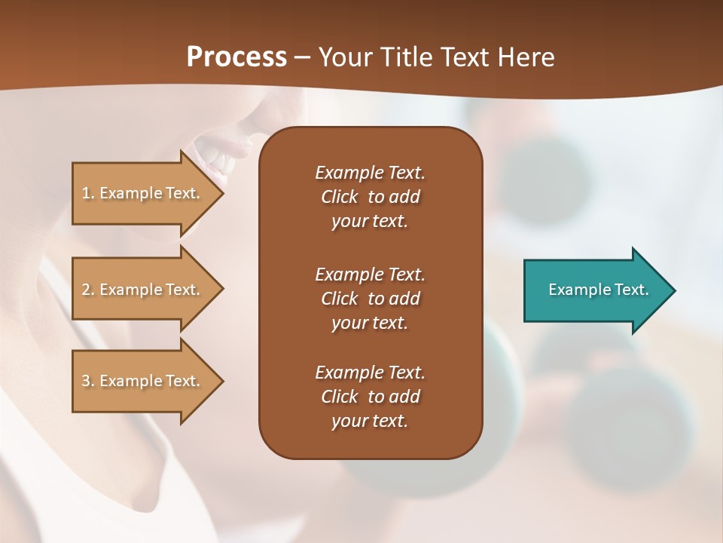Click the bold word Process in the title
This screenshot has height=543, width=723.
click(x=236, y=57)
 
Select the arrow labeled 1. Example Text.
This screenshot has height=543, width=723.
click(x=143, y=193)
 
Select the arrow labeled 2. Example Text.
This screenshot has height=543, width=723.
click(x=143, y=290)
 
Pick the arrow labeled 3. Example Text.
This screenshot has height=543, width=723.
click(x=143, y=381)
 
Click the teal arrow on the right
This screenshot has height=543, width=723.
click(x=595, y=290)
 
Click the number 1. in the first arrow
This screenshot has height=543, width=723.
click(x=88, y=193)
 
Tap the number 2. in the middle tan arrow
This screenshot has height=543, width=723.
click(x=88, y=290)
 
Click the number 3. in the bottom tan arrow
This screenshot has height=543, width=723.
click(x=88, y=381)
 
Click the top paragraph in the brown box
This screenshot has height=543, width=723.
click(x=370, y=197)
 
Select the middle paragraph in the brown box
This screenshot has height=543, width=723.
click(x=370, y=298)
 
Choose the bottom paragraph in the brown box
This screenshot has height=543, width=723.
click(x=370, y=397)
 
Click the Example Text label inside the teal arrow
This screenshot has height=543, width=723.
click(x=598, y=290)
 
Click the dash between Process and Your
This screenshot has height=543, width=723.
click(x=303, y=57)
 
